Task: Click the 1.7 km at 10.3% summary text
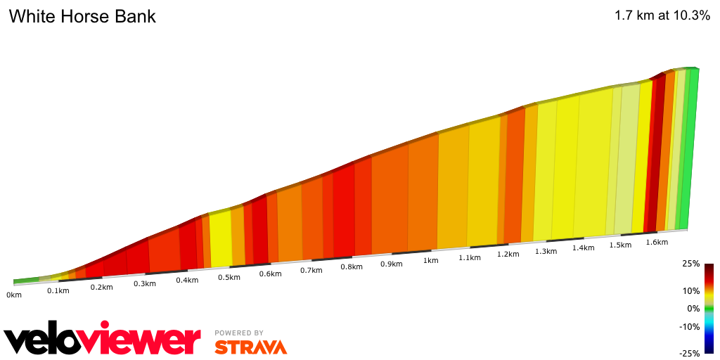[662, 16]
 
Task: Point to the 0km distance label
[14, 295]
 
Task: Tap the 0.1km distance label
[58, 291]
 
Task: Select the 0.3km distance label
[144, 283]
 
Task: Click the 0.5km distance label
[229, 277]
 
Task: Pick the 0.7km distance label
[311, 271]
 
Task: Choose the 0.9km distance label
[392, 264]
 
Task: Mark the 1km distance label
[430, 260]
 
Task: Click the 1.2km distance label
[508, 254]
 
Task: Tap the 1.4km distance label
[583, 248]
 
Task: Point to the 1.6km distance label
[657, 242]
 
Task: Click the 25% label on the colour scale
[691, 264]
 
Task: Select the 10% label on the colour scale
[691, 290]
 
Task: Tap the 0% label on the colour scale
[694, 308]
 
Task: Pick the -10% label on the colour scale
[690, 326]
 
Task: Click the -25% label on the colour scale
[690, 354]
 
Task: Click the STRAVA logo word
[250, 347]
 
